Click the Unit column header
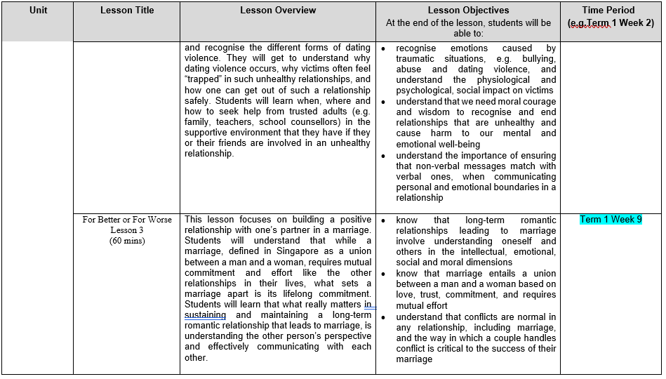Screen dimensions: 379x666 tap(39, 11)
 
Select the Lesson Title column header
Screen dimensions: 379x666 tap(126, 11)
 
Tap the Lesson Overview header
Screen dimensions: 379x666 tap(278, 11)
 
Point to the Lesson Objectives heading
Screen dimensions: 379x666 tap(468, 11)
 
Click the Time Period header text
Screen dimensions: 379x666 tap(611, 11)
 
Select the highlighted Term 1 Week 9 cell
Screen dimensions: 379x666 tap(611, 220)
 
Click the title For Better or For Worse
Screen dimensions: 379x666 tap(126, 220)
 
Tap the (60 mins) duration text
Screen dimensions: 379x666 tap(126, 241)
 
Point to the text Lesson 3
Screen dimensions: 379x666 tap(126, 230)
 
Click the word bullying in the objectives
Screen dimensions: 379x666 tap(538, 59)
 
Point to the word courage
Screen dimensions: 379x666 tap(538, 101)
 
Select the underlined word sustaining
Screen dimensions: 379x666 tap(205, 315)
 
